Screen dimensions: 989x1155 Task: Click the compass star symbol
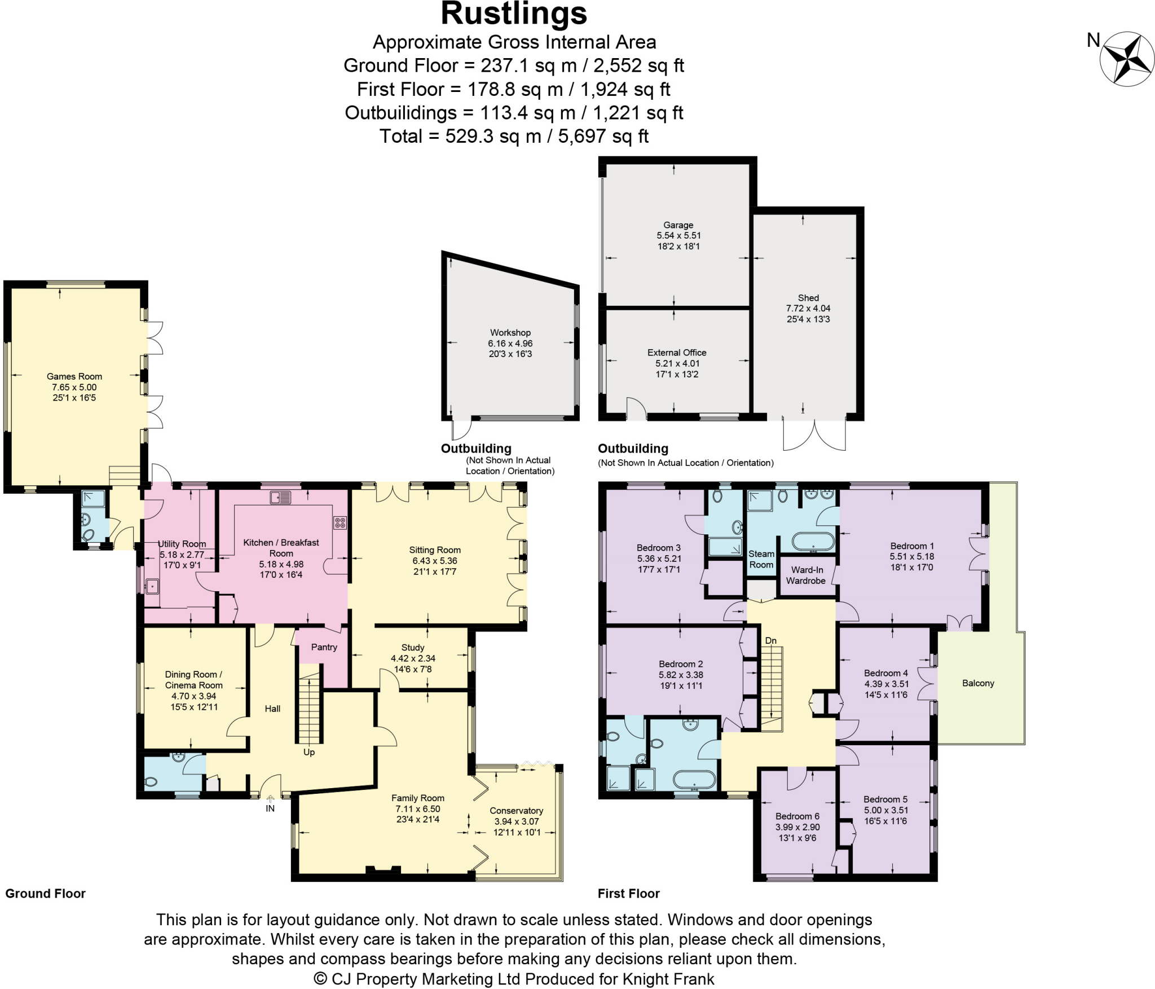pos(1127,58)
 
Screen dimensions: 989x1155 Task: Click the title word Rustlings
pos(514,14)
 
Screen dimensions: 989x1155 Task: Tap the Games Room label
pos(74,376)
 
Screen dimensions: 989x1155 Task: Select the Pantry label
pos(324,647)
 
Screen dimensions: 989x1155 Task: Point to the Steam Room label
pos(761,559)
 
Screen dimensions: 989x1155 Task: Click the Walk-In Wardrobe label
pos(806,575)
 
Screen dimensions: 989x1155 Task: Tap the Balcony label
pos(978,683)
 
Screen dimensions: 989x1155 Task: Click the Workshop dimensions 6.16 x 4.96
pos(510,343)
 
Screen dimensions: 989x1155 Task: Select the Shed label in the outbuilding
pos(808,297)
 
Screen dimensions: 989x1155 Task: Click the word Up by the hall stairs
pos(309,752)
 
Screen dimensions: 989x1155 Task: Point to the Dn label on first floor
pos(770,640)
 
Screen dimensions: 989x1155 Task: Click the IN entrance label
pos(270,808)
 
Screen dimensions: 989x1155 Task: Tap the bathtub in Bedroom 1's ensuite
pos(813,541)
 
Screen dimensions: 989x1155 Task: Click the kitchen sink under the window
pos(280,497)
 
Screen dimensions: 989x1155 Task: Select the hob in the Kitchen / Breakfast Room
pos(340,522)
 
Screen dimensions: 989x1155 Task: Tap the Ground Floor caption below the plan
pos(46,893)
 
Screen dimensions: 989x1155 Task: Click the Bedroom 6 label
pos(797,816)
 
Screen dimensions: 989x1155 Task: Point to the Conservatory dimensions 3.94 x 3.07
pos(516,821)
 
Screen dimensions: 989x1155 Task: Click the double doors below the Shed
pos(814,435)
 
